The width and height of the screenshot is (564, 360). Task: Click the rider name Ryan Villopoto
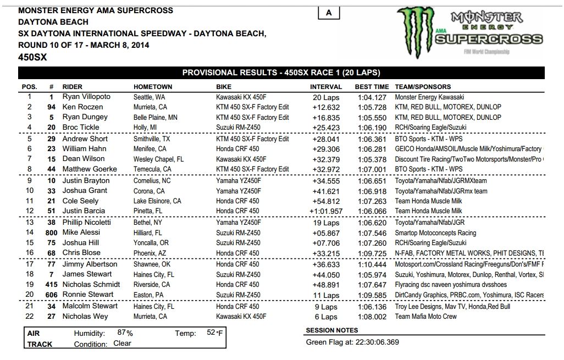[x=86, y=97]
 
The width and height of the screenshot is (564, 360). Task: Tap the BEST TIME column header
[x=372, y=87]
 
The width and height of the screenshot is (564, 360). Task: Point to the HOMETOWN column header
[x=153, y=87]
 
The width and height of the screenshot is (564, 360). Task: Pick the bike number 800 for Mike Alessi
[x=50, y=233]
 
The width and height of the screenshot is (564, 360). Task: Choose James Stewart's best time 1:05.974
[x=372, y=274]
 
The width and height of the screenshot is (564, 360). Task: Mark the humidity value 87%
[x=125, y=333]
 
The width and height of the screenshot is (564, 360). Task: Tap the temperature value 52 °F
[x=215, y=333]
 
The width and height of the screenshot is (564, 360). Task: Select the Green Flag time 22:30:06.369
[x=371, y=342]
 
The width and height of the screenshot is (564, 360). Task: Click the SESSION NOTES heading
[x=331, y=331]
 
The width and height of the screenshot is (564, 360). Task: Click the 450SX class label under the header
[x=31, y=56]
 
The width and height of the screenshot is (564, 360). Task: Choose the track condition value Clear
[x=123, y=344]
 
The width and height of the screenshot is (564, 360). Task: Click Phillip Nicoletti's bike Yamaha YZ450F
[x=239, y=223]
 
